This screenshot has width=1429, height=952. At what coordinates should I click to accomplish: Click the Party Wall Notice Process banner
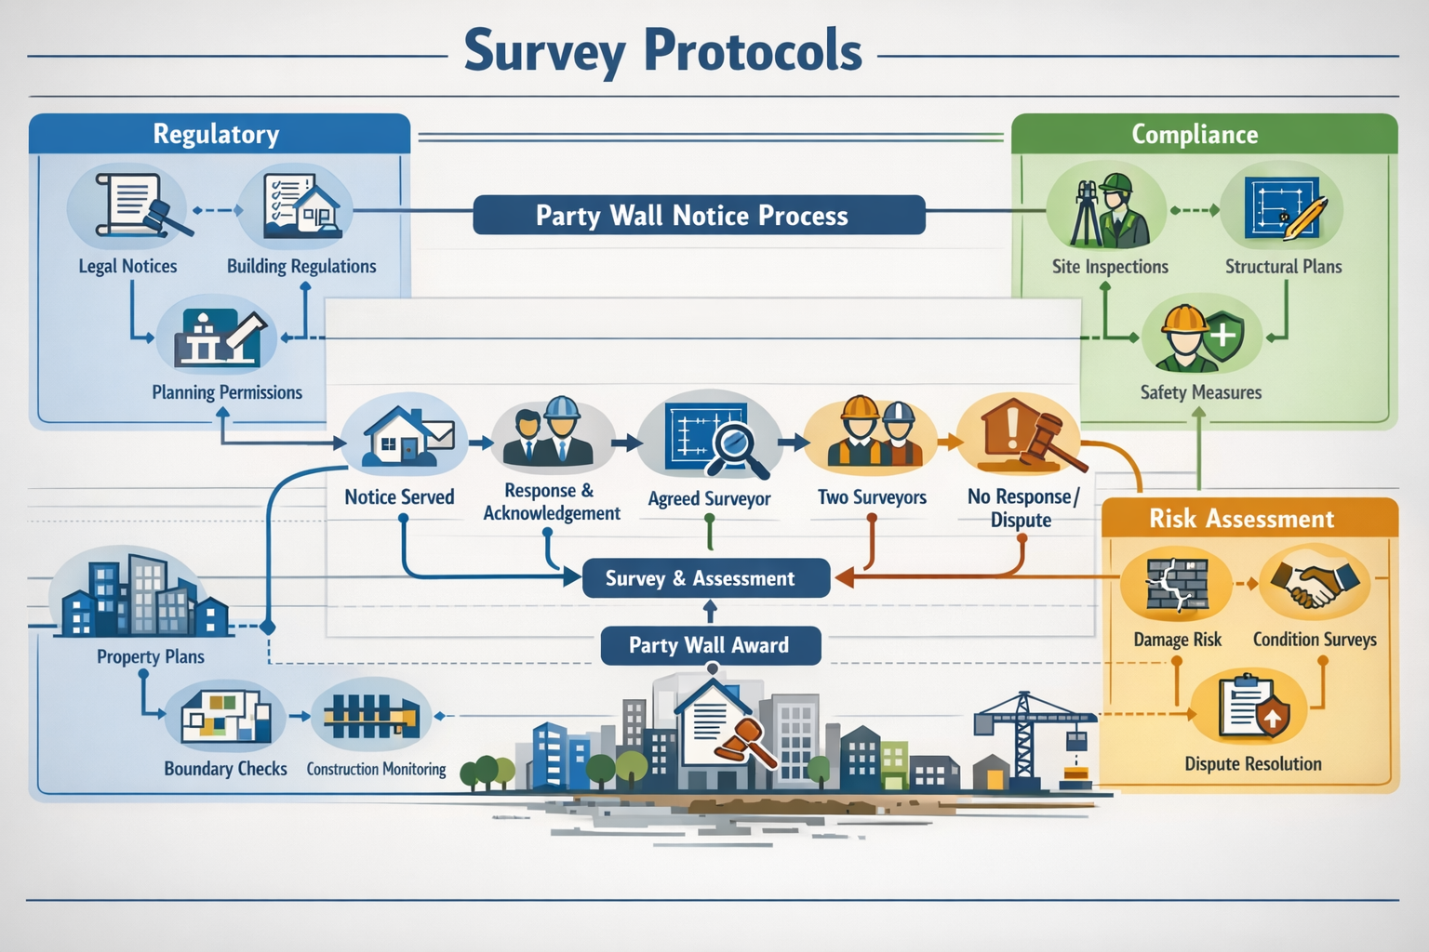699,215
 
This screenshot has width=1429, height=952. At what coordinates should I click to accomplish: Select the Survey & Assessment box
705,578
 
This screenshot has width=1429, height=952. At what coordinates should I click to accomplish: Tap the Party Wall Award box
710,645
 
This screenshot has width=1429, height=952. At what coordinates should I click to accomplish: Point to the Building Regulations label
301,267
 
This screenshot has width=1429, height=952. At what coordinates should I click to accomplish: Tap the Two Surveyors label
872,497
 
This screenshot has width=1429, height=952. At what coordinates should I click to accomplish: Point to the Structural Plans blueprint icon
1283,209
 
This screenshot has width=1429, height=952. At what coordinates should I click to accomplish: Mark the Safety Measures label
1200,393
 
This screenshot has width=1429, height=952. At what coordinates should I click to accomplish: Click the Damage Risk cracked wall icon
1176,585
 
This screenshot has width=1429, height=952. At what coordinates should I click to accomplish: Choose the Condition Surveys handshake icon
1315,585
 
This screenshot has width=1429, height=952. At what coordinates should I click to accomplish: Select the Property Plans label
150,657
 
